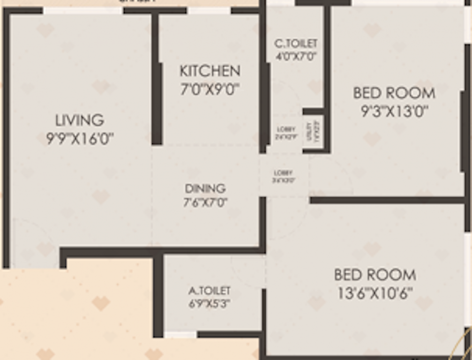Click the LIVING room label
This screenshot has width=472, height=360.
coord(80,120)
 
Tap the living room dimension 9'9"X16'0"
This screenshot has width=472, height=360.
coord(80,139)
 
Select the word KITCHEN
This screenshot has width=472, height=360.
coord(210,71)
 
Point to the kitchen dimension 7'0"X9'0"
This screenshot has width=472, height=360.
coord(210,89)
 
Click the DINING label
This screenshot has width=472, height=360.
coord(205,188)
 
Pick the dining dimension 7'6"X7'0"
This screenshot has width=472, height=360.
coord(205,202)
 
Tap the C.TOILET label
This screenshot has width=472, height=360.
coord(296,44)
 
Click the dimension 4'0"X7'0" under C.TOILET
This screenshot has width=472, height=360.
coord(296,56)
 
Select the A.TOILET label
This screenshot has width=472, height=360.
coord(210,291)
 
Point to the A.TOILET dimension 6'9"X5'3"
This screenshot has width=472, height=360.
coord(210,304)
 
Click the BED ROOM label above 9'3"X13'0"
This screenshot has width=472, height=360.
coord(394,93)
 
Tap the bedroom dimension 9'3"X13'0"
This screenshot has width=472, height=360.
coord(394,111)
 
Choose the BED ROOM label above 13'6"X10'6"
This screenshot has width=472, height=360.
coord(375,275)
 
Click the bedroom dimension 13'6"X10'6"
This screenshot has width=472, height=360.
coord(375,293)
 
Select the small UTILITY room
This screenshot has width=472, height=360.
coord(313,133)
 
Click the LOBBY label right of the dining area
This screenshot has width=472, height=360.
coord(284,176)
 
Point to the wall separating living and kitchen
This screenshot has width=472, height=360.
coord(156,80)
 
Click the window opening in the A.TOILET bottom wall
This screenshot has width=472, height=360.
coord(180,335)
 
